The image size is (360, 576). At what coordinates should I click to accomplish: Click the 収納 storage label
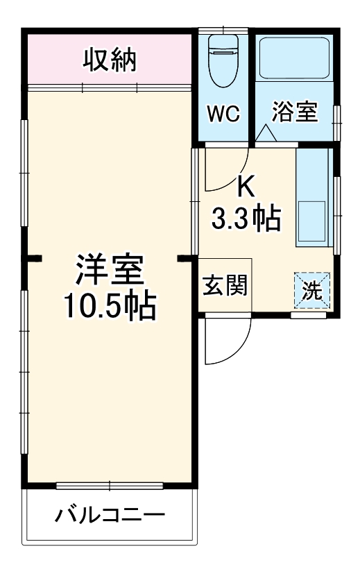pos(110,60)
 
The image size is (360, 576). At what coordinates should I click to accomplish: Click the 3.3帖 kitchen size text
pos(246,219)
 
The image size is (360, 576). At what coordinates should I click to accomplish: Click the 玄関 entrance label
pos(225,285)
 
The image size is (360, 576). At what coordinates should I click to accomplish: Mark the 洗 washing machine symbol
pos(313,291)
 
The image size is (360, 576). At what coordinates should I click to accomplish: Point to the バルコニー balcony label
pos(110,516)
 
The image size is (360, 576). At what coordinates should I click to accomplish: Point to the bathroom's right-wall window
pos(337,121)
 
